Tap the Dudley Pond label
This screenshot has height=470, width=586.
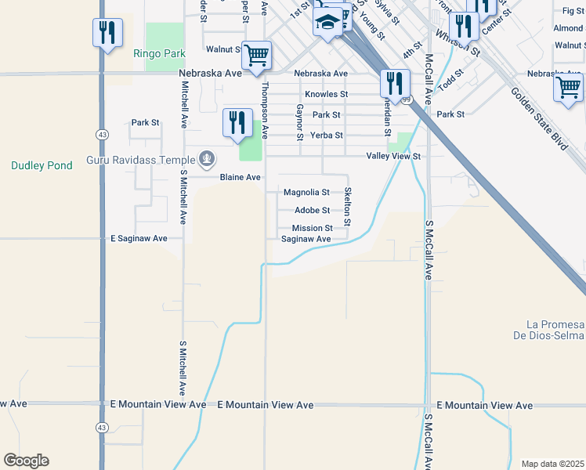pos(42,165)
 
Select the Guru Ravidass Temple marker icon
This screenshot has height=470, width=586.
pos(206,159)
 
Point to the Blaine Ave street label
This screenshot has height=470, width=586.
pos(240,178)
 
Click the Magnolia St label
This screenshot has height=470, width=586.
pos(306,192)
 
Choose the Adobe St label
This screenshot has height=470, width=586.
pos(312,210)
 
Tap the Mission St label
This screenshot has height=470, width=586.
pos(313,228)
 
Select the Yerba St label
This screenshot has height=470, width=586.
pos(327,135)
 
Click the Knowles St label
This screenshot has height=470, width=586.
pos(326,94)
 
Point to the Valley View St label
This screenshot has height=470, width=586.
pos(394,157)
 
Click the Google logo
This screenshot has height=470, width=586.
pos(26,461)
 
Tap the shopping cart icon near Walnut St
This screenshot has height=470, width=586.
pos(256,56)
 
